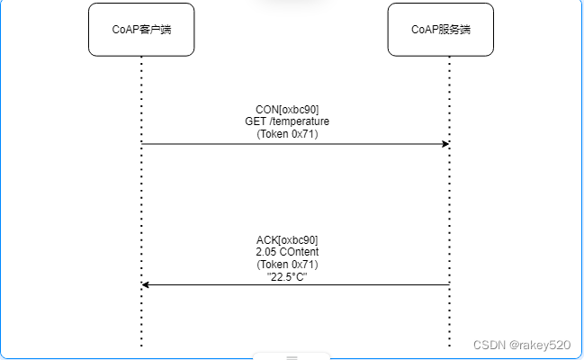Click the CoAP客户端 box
click(x=141, y=30)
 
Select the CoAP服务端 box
click(x=440, y=30)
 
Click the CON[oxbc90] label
click(x=287, y=109)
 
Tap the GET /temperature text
click(x=287, y=121)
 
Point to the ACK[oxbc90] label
click(x=287, y=240)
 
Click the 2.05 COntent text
click(x=287, y=253)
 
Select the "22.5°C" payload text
click(x=287, y=277)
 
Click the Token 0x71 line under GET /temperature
click(x=287, y=134)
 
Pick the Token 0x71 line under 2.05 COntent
click(x=287, y=265)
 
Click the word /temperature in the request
click(x=300, y=121)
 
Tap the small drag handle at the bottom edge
click(x=292, y=357)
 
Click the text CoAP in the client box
click(x=126, y=30)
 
